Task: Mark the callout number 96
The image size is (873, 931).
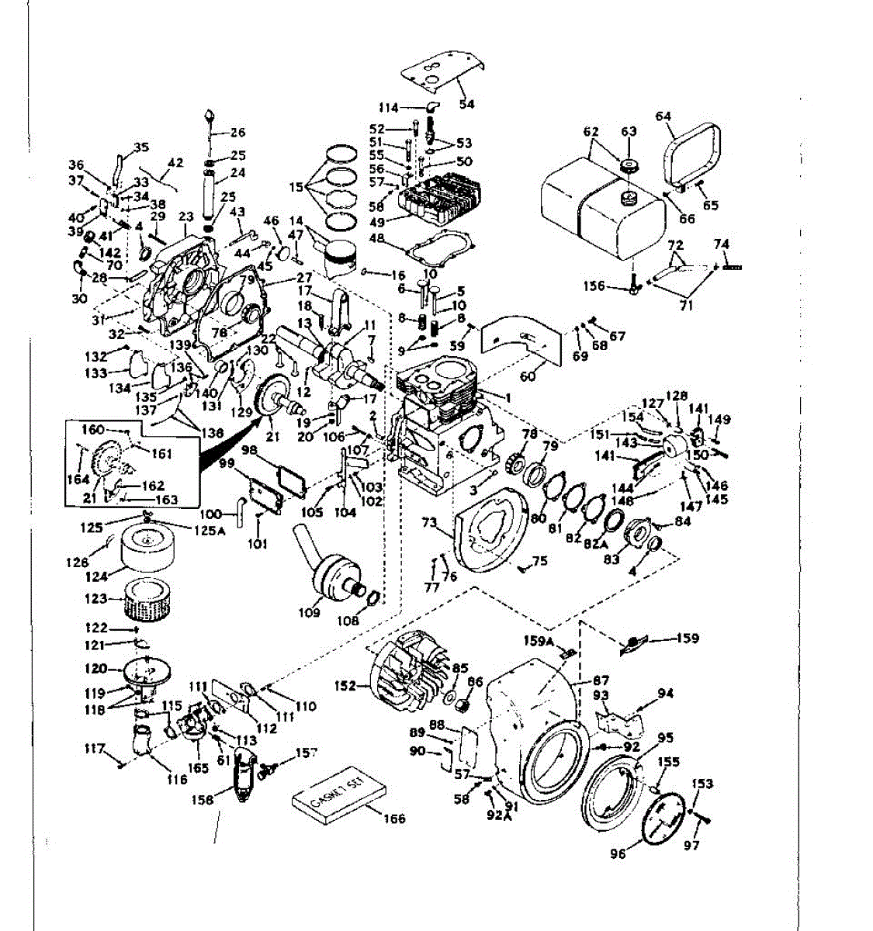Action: point(618,854)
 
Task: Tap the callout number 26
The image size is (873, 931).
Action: point(237,133)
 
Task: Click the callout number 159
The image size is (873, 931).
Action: point(687,639)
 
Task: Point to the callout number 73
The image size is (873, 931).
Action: point(428,522)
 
